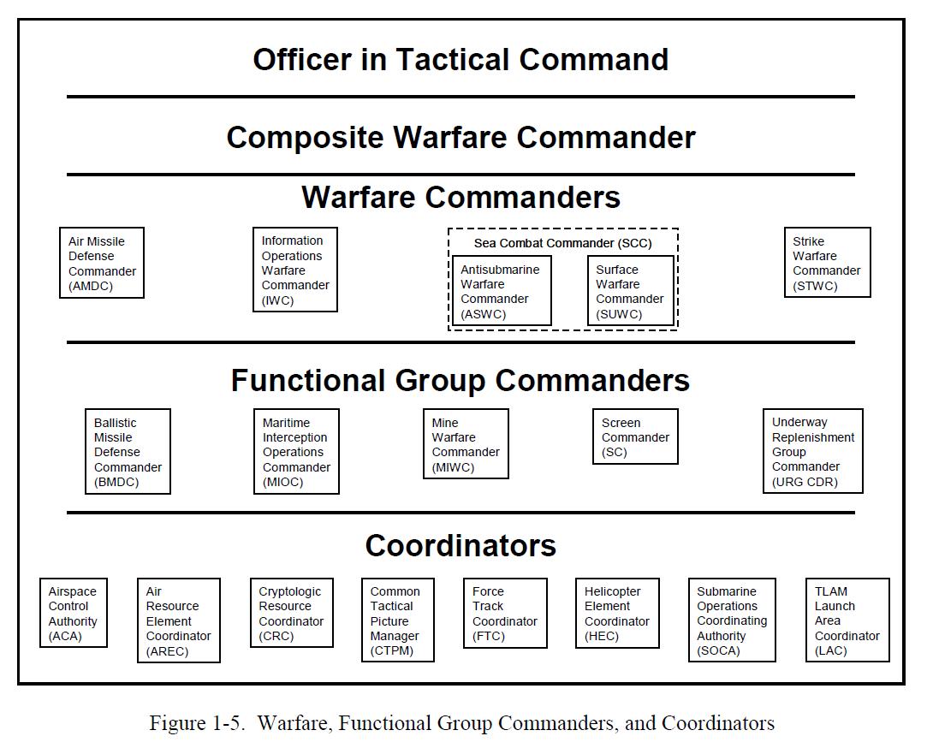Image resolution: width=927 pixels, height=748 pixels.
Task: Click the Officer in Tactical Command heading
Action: coord(461,60)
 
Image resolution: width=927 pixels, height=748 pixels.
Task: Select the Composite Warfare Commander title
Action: coord(461,138)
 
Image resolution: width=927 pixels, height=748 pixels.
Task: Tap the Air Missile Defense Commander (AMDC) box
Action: coord(101,263)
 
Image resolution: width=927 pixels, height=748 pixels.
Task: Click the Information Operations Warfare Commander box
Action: coord(294,270)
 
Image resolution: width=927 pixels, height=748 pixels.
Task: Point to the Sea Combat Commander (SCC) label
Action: coord(562,243)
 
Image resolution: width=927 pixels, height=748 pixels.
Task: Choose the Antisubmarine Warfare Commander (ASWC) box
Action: coord(501,291)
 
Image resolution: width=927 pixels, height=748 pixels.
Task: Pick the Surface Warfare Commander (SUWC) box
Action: coord(630,291)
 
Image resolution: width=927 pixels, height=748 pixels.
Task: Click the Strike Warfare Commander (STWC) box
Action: coord(827,263)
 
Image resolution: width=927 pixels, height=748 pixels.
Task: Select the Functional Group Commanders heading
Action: coord(461,380)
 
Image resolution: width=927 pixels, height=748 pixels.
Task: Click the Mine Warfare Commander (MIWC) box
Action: coord(466,444)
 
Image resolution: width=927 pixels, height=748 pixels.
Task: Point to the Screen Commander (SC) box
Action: coord(635,436)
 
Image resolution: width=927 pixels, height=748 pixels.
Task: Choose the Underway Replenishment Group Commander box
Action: coord(812,451)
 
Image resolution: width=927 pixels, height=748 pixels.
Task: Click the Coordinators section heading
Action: coord(461,545)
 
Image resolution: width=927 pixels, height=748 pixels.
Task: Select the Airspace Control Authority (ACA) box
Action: coord(73,613)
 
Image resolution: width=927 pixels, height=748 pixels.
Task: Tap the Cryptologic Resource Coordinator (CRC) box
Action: coord(291,613)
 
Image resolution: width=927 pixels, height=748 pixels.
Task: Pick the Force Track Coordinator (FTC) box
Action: coord(504,613)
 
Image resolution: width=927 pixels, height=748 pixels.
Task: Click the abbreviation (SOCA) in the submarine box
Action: coord(718,650)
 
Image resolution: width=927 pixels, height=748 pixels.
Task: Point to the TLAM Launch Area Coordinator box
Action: coord(847,620)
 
